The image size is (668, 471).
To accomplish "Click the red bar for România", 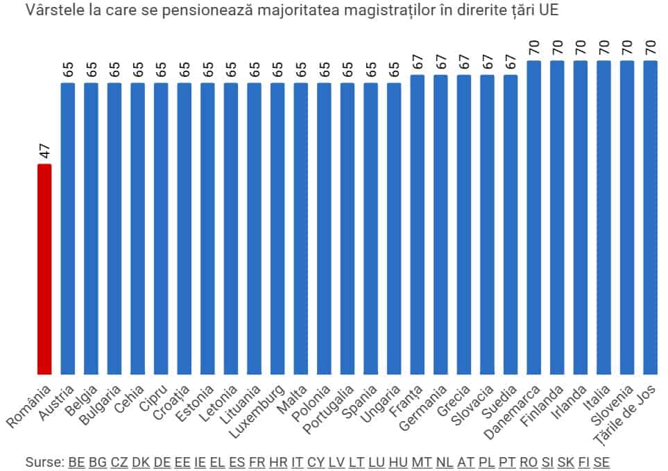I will pyautogui.click(x=44, y=269).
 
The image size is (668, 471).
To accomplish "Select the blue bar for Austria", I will pyautogui.click(x=68, y=229).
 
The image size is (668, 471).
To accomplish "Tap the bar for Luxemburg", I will pyautogui.click(x=277, y=229).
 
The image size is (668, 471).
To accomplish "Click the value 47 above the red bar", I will pyautogui.click(x=44, y=151).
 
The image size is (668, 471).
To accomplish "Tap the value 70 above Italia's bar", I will pyautogui.click(x=603, y=48).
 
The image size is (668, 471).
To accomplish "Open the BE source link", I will pyautogui.click(x=76, y=461).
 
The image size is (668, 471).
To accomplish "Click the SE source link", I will pyautogui.click(x=601, y=461).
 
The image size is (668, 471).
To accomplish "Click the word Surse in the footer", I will pyautogui.click(x=43, y=461).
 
